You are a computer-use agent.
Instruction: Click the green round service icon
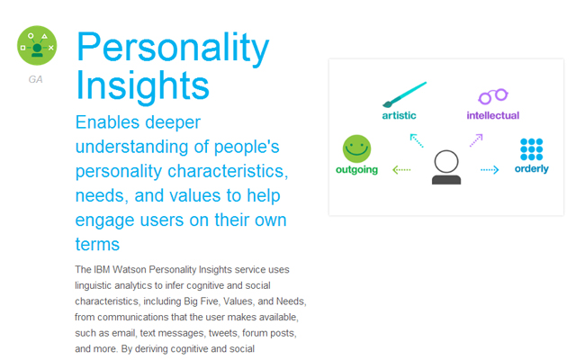[x=37, y=46]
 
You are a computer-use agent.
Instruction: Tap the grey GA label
[x=35, y=79]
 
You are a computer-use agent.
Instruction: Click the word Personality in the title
[x=173, y=48]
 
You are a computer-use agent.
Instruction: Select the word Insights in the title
[x=142, y=85]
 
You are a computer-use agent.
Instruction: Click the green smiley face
[x=356, y=148]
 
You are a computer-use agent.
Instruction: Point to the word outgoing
[x=356, y=170]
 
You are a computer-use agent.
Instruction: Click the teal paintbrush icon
[x=404, y=94]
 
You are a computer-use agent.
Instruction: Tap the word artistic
[x=399, y=115]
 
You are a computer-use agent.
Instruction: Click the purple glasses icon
[x=493, y=96]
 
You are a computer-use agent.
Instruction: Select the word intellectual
[x=493, y=115]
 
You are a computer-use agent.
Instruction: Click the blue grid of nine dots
[x=531, y=149]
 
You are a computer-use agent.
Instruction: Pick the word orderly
[x=531, y=169]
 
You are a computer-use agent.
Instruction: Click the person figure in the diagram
[x=446, y=167]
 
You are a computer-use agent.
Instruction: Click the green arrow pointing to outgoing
[x=401, y=170]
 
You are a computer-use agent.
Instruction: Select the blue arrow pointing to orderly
[x=490, y=170]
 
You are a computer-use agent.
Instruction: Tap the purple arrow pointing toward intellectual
[x=476, y=140]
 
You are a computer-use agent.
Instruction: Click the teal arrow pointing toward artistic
[x=417, y=140]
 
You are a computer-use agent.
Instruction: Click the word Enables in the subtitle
[x=107, y=122]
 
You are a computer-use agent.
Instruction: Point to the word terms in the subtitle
[x=97, y=245]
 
